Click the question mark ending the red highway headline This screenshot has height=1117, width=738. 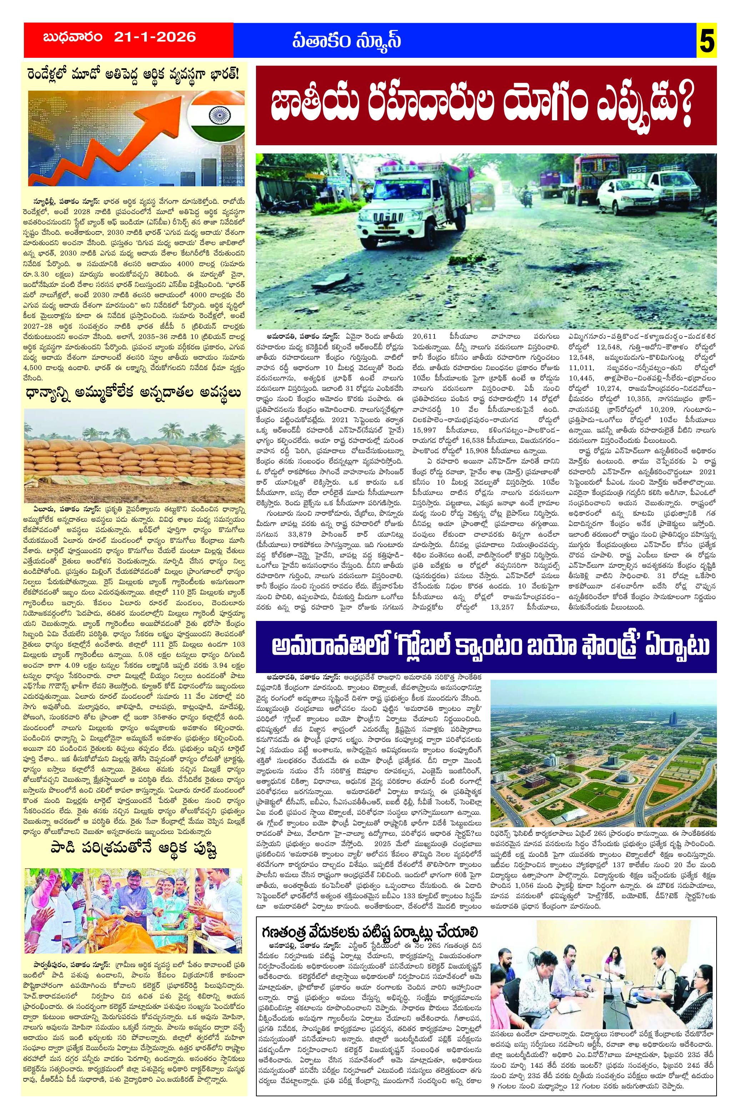(x=686, y=108)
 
